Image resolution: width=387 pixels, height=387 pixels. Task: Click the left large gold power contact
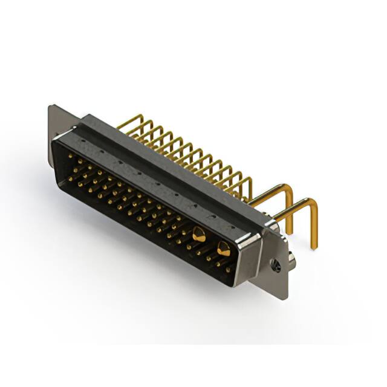pyautogui.click(x=198, y=234)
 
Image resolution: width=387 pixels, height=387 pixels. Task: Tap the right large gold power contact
pyautogui.click(x=223, y=247)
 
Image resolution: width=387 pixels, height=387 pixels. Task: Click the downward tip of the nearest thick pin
pyautogui.click(x=314, y=245)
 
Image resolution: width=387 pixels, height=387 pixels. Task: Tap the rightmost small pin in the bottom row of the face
pyautogui.click(x=227, y=270)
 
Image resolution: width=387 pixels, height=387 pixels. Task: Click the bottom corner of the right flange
pyautogui.click(x=284, y=298)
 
